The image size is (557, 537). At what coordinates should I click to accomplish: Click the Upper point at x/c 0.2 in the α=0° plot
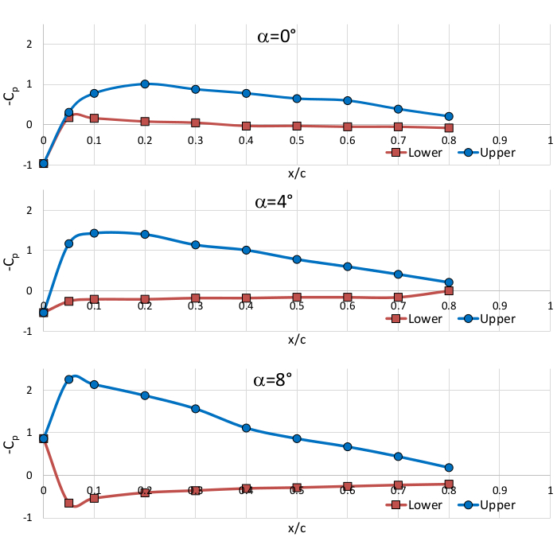point(145,84)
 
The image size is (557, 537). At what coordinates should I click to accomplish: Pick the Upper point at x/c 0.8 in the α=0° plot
point(449,116)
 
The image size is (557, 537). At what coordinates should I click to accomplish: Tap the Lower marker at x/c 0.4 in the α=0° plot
point(247,126)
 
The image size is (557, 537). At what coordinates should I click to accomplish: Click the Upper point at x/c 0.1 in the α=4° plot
point(94,233)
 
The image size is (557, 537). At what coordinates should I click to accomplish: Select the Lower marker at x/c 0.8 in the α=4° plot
point(449,290)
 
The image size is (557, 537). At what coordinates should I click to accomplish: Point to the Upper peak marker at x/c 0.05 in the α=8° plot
point(68,379)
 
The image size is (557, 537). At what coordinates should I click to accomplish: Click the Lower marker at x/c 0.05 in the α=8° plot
point(68,503)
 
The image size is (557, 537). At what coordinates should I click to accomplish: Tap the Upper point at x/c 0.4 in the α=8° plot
point(247,428)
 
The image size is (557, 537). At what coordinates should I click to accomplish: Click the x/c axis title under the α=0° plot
point(297,172)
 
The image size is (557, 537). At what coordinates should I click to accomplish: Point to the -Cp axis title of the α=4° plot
point(10,261)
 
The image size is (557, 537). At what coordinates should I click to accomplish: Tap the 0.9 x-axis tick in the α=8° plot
point(500,491)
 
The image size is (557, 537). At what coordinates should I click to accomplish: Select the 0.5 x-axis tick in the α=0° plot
point(297,140)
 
